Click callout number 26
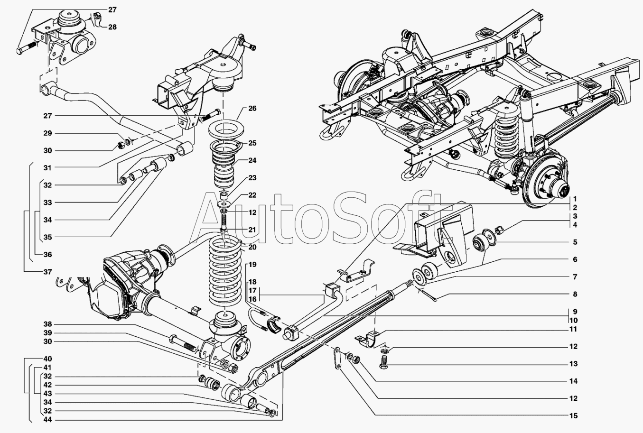coord(252,109)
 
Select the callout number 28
coord(112,27)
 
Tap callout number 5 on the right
coord(575,242)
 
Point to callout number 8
coord(575,294)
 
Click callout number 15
coord(574,416)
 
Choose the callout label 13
coord(574,364)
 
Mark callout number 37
coord(47,272)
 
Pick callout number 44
coord(47,420)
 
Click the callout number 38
coord(47,324)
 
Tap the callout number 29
coord(47,133)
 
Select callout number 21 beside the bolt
coord(252,230)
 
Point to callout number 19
coord(252,264)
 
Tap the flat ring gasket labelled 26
coord(226,129)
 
